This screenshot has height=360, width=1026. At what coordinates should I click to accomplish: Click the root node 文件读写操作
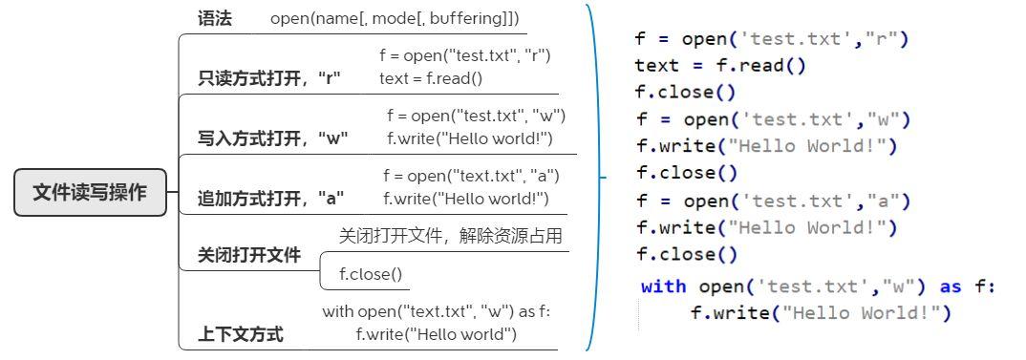coord(90,192)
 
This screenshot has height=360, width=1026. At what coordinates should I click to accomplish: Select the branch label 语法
coord(215,18)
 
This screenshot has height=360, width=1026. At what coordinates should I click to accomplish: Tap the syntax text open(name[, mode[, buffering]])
coord(395,18)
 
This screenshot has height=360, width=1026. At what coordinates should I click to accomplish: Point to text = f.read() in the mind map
coord(431,78)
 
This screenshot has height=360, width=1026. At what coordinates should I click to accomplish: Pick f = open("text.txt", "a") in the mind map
coord(471,176)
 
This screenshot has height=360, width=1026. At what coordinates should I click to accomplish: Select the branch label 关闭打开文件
coord(249,255)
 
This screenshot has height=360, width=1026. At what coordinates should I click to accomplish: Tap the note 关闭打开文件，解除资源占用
coord(451,236)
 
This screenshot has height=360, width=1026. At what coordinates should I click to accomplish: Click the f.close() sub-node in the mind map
coord(372,275)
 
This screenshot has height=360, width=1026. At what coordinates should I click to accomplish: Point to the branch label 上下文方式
coord(241,334)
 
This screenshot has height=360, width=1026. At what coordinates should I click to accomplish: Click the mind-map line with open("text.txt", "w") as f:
coord(437,312)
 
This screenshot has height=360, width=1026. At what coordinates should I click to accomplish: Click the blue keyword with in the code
coord(664,286)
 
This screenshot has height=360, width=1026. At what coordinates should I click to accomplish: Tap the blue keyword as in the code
coord(951,286)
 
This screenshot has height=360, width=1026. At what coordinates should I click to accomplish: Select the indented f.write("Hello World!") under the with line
coord(821,313)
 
